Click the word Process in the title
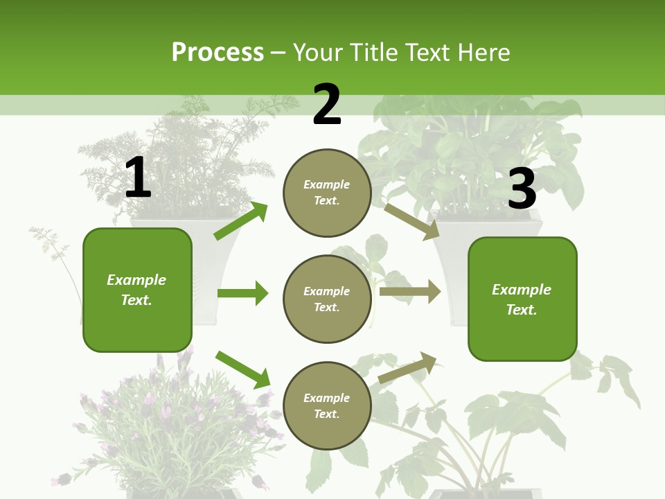[x=218, y=52]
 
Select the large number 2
[x=327, y=105]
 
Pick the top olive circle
[x=327, y=192]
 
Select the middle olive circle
[x=327, y=299]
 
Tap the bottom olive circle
[x=327, y=405]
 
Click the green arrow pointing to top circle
[x=240, y=221]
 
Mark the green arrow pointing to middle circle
[x=242, y=293]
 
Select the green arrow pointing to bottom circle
[x=242, y=369]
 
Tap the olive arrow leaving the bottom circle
[x=407, y=367]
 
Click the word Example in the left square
[x=136, y=280]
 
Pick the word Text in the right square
[x=520, y=310]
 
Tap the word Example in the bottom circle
[x=326, y=398]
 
